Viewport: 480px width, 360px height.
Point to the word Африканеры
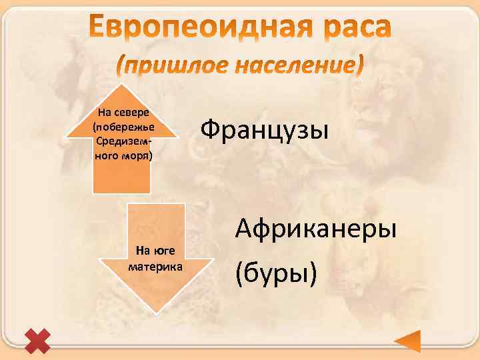coord(316,229)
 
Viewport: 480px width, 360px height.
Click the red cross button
coord(37,341)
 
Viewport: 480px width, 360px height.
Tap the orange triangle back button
coord(407,341)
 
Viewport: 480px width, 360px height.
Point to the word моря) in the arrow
coord(139,155)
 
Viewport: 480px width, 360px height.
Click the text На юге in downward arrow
coord(155,251)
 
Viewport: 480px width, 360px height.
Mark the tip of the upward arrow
coord(122,85)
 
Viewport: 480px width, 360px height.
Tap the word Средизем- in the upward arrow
coord(123,142)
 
